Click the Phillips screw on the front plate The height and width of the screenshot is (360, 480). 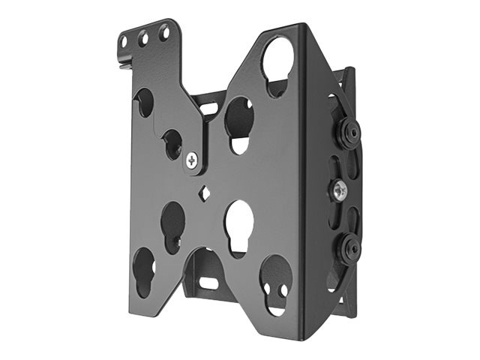[x=193, y=159]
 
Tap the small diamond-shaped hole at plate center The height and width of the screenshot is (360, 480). [x=203, y=193]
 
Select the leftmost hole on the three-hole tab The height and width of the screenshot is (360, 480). [x=123, y=40]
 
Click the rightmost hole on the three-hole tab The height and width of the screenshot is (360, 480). [x=163, y=32]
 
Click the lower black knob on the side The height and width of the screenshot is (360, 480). [x=349, y=248]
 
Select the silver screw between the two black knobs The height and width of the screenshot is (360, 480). [x=339, y=190]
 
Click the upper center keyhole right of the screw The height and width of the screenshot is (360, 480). [x=239, y=123]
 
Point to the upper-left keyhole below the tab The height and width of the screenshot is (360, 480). [x=144, y=103]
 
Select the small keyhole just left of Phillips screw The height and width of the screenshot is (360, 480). [x=173, y=143]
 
